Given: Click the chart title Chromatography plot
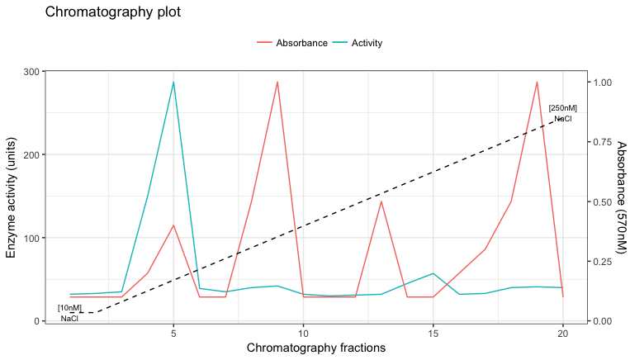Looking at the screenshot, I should coord(112,12).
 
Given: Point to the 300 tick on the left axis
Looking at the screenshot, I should coord(31,72).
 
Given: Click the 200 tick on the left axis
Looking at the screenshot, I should coord(31,155).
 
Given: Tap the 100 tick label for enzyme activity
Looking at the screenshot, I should coord(31,238).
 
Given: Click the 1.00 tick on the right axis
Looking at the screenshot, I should coord(604,83).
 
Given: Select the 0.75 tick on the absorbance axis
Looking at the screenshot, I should coord(604,142).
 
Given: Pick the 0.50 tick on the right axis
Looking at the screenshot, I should coord(604,202).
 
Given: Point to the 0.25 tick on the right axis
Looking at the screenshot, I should coord(604,262).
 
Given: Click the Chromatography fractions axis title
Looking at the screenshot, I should coord(316,348).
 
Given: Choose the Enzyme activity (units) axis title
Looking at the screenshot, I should coord(12,197).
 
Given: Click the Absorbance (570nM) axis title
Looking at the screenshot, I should coord(621,197).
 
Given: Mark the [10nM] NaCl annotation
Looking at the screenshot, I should coord(69,313).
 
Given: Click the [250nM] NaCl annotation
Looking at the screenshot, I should coord(562,113).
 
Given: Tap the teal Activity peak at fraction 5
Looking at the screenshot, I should coord(173,83).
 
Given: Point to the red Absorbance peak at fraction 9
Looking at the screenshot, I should coord(277,83).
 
